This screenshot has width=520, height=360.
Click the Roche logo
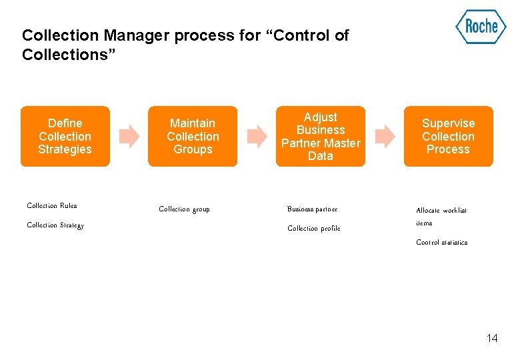click(x=481, y=27)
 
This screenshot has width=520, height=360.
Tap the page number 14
click(x=491, y=338)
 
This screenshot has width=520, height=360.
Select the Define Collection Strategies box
click(x=65, y=136)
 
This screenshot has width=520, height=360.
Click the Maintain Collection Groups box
click(x=193, y=136)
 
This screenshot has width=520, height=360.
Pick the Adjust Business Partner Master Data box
click(x=321, y=136)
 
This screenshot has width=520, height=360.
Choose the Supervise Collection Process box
click(x=448, y=136)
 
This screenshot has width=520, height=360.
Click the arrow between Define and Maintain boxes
click(x=129, y=136)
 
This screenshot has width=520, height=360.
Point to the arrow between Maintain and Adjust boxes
click(x=257, y=136)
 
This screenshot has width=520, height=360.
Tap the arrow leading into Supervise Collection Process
click(x=385, y=136)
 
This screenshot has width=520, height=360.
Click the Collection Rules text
click(x=52, y=206)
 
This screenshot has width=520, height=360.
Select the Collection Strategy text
click(x=55, y=225)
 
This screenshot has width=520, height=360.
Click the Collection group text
click(x=184, y=209)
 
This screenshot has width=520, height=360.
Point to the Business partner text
click(x=312, y=209)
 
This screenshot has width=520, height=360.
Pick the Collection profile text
click(x=313, y=229)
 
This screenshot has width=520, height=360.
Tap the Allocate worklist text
click(x=441, y=211)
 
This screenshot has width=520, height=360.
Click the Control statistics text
click(x=441, y=243)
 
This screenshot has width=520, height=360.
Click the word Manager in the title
click(x=137, y=35)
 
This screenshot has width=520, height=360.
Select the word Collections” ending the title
click(x=69, y=54)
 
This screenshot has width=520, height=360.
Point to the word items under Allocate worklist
click(x=424, y=223)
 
